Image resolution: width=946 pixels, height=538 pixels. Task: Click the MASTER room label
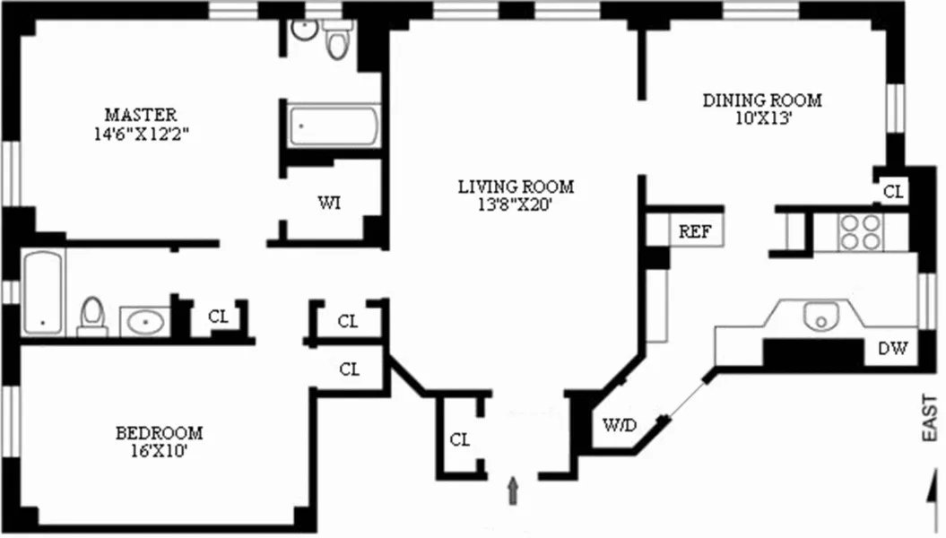(141, 115)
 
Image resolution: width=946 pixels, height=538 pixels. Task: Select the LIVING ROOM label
(516, 187)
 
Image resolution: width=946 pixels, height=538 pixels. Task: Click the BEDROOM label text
(160, 433)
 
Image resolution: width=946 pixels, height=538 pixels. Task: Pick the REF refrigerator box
(695, 230)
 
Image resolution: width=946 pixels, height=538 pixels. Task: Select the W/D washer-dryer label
(619, 425)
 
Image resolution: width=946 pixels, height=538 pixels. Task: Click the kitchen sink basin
(819, 317)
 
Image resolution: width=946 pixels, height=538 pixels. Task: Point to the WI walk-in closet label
(329, 203)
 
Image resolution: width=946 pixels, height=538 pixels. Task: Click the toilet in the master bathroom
(338, 41)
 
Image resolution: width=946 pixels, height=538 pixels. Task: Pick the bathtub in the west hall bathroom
(43, 289)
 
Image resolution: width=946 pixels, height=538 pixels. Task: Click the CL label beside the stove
(894, 191)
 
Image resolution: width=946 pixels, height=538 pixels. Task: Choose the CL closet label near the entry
(460, 439)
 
